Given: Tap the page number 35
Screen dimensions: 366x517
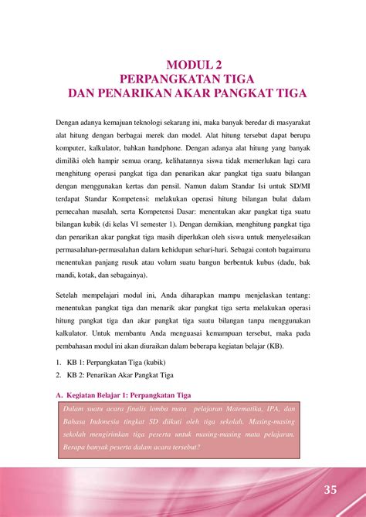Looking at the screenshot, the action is [x=330, y=490].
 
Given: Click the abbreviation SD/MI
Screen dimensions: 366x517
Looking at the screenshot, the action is [x=296, y=188].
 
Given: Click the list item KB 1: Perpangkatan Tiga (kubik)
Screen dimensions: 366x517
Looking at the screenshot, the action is [x=116, y=363].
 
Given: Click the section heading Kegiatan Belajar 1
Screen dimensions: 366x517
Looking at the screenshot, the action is [x=128, y=395].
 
